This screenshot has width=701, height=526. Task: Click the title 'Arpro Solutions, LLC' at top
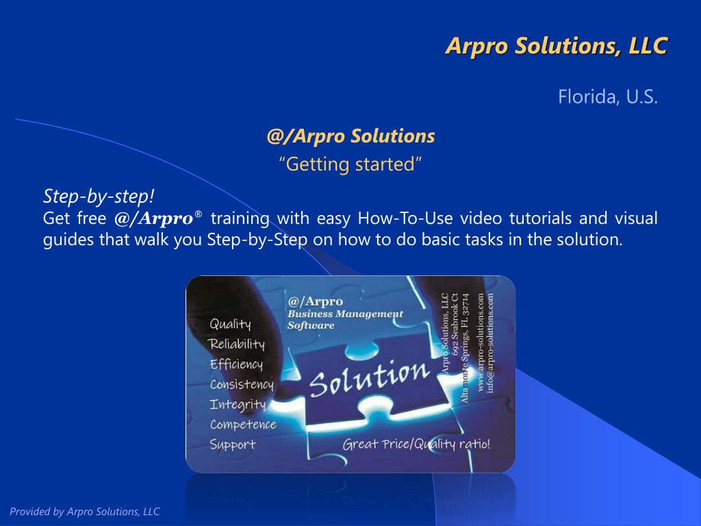[557, 46]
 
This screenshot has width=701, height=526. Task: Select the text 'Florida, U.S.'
[608, 97]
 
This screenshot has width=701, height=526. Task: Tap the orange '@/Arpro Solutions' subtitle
[350, 136]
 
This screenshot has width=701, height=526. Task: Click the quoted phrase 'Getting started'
[350, 164]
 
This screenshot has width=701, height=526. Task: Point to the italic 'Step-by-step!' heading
[99, 196]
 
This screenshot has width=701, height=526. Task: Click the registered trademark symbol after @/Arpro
[199, 214]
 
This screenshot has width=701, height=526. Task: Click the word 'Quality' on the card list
[230, 324]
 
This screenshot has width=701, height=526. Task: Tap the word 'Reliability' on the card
[236, 344]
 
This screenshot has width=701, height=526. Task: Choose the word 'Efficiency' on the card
[236, 364]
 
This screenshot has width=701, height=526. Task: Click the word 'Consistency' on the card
[242, 385]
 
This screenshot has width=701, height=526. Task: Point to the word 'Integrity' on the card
[238, 405]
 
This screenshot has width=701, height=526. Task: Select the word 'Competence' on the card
[243, 425]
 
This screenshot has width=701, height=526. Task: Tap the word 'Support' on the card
[233, 444]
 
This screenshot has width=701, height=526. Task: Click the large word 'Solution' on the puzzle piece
[369, 378]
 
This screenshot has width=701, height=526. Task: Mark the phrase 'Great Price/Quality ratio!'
[416, 444]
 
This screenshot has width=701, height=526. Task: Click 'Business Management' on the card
[345, 314]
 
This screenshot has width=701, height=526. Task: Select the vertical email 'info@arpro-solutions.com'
[490, 343]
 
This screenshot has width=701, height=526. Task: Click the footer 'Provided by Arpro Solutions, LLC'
[84, 511]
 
